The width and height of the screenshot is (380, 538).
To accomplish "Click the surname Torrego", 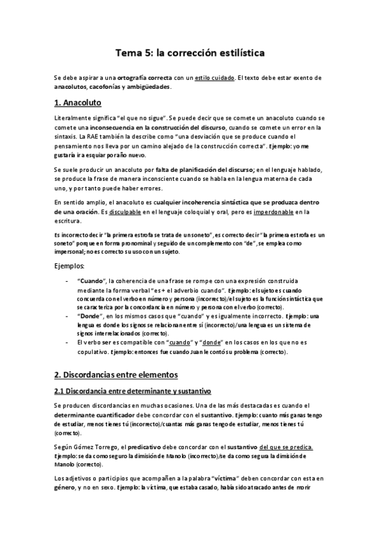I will (x=110, y=446).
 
